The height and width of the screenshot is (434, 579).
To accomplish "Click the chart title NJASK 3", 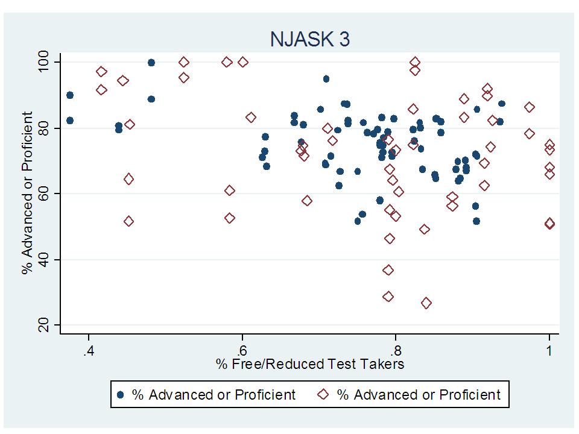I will (310, 39).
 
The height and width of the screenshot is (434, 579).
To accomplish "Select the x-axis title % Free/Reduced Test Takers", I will (310, 363).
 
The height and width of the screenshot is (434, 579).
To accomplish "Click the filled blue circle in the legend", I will (121, 395).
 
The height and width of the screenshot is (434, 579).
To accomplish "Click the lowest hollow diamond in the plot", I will (426, 303).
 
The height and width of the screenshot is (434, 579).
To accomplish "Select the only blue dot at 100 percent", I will (151, 63).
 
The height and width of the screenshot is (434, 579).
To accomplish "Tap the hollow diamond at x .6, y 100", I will (243, 62).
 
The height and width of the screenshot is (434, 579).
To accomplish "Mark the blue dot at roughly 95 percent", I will (326, 79).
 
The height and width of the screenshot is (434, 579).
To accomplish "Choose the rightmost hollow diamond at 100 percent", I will (415, 62).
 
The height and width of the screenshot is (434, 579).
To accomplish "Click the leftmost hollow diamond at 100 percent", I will (184, 62).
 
